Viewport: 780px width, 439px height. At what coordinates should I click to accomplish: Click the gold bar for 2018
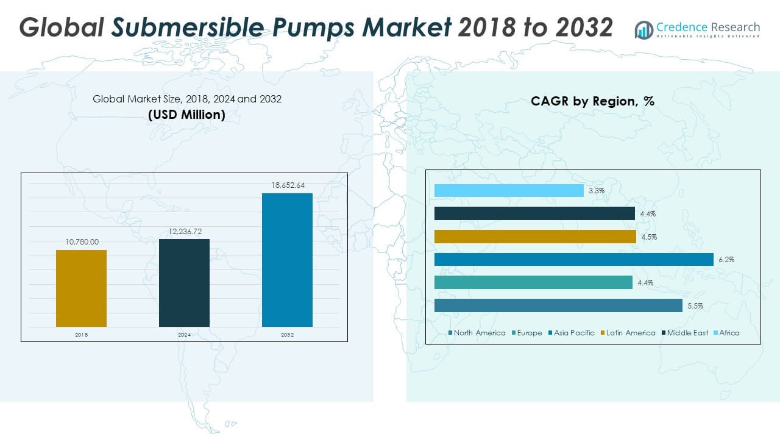(81, 288)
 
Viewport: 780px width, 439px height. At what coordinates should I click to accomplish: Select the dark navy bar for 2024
(184, 283)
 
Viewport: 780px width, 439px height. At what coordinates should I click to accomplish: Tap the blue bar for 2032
(287, 260)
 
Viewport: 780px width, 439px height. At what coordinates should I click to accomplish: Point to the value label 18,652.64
(287, 185)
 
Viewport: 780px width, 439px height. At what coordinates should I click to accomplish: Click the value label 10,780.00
(82, 242)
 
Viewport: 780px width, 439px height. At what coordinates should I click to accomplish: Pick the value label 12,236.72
(184, 231)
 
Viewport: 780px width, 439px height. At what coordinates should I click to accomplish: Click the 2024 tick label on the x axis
(184, 335)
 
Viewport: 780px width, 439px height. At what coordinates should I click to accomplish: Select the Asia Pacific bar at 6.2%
(573, 260)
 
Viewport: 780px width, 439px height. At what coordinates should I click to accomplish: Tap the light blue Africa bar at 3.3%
(509, 191)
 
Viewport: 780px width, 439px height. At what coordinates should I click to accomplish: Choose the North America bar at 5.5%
(558, 305)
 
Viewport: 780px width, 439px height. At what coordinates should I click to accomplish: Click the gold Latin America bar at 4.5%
(535, 237)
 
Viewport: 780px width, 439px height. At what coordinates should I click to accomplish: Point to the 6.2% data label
(726, 260)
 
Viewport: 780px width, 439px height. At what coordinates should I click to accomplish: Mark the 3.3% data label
(597, 191)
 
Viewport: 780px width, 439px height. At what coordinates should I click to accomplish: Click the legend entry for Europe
(530, 333)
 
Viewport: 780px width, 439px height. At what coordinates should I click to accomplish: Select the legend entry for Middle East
(687, 333)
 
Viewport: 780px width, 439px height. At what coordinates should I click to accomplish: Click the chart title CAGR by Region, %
(592, 101)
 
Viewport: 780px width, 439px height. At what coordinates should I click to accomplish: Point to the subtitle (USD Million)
(186, 114)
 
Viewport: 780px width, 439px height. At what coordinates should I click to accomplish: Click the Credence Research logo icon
(643, 29)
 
